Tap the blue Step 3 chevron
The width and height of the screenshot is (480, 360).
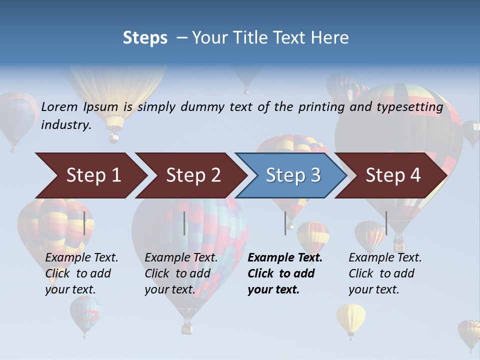coord(292,175)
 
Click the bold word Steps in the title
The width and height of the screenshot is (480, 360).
coord(145,38)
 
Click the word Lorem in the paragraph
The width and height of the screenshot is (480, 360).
coord(60,106)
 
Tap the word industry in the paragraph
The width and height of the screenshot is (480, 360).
coord(66,124)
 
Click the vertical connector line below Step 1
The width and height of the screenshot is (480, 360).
coord(84,223)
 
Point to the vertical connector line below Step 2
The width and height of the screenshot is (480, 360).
coord(184,223)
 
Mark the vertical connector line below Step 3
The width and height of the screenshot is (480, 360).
coord(285,223)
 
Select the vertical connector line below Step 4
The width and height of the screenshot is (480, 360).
coord(386,223)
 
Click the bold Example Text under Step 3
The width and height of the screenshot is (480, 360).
coord(285,258)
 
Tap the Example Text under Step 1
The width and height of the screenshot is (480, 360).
coord(81,258)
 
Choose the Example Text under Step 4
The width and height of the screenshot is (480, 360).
coord(385,258)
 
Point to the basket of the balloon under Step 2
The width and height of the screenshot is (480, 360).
coord(187,327)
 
